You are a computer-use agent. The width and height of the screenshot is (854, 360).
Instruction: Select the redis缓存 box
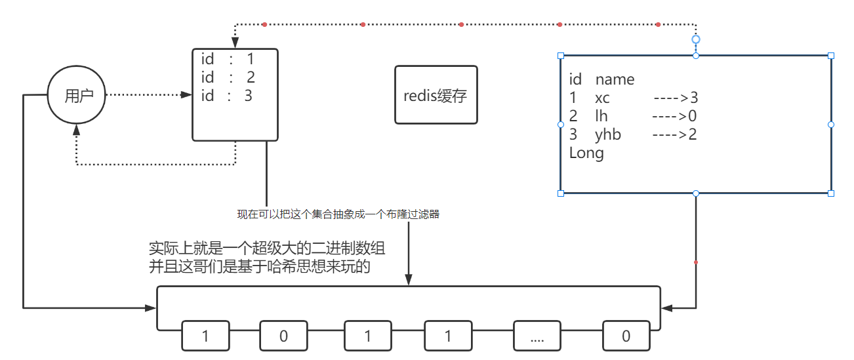(436, 95)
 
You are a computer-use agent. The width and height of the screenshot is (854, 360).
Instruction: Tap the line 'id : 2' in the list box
(228, 77)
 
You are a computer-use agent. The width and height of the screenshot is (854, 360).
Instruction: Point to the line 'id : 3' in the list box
(227, 96)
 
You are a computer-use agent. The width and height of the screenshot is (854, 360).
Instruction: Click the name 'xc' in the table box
(602, 98)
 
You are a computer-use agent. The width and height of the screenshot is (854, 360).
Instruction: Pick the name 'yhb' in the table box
(607, 135)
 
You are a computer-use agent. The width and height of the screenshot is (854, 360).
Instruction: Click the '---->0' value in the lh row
(674, 117)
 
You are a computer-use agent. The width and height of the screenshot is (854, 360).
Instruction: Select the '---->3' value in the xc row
(675, 98)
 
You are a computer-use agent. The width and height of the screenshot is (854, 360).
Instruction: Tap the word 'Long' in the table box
(586, 153)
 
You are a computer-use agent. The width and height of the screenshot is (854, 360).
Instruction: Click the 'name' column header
(615, 80)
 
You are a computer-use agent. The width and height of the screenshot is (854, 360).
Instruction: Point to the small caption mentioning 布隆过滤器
(338, 214)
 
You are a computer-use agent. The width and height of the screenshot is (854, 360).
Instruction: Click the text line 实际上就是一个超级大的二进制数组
(267, 249)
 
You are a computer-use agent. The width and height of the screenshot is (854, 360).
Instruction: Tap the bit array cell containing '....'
(537, 336)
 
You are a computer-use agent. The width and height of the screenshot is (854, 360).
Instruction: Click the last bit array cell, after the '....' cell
(626, 336)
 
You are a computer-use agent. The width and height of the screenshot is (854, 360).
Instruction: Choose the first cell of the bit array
(205, 336)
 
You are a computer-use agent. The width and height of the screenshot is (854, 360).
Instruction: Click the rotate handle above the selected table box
(696, 39)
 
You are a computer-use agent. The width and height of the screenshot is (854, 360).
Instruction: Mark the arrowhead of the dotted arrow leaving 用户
(186, 95)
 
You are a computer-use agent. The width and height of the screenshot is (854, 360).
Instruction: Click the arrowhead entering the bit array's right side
(666, 308)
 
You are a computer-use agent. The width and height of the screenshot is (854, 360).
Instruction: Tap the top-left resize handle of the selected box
(561, 56)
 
